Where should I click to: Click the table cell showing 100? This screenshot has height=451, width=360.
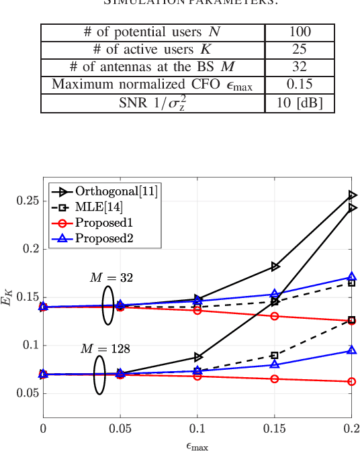pyautogui.click(x=300, y=33)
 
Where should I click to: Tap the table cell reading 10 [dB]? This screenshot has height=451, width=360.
pyautogui.click(x=300, y=103)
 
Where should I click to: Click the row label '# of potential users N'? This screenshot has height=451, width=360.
pyautogui.click(x=153, y=33)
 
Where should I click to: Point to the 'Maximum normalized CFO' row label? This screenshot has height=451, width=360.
pyautogui.click(x=153, y=85)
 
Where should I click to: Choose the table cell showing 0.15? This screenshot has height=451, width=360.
pyautogui.click(x=300, y=85)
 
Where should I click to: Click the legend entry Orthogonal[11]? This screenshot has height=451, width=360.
pyautogui.click(x=116, y=191)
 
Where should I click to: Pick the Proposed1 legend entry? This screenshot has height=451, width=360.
pyautogui.click(x=105, y=222)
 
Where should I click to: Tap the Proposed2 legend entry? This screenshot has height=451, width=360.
pyautogui.click(x=105, y=238)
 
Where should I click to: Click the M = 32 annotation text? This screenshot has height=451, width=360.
pyautogui.click(x=111, y=277)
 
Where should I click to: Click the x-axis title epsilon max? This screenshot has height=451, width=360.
pyautogui.click(x=197, y=444)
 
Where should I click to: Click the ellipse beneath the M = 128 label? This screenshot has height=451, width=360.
pyautogui.click(x=99, y=374)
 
